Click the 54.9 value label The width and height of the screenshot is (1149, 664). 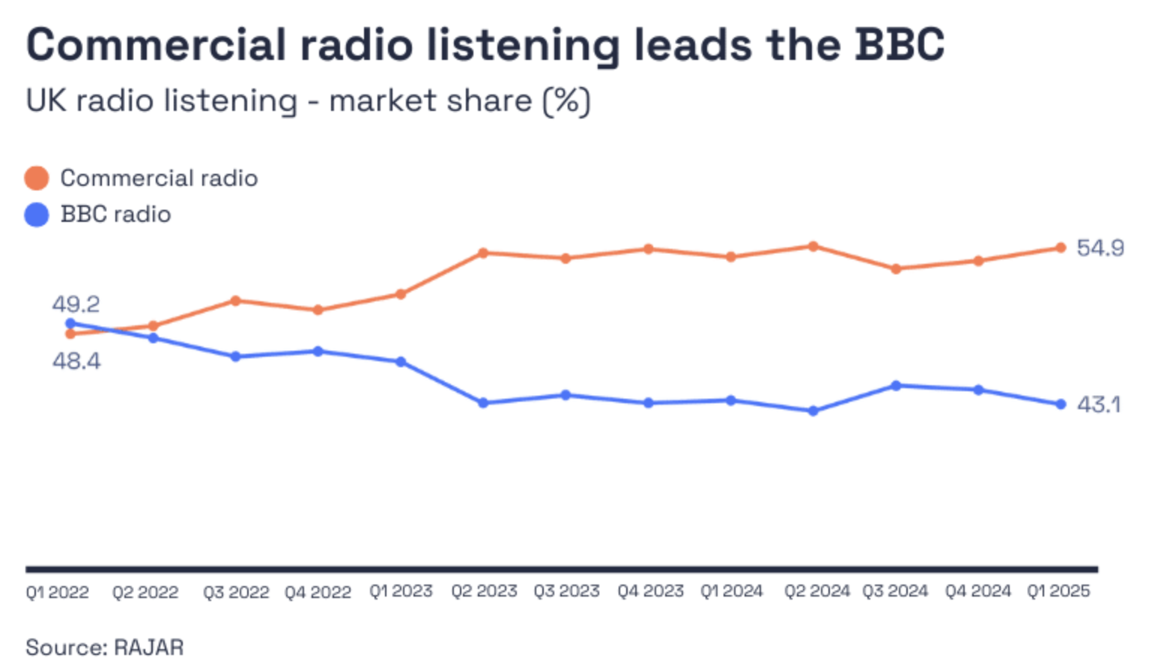(1100, 248)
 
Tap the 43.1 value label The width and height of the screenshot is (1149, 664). (1098, 405)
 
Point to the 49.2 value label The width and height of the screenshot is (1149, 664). (76, 304)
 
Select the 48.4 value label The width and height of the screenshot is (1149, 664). (76, 361)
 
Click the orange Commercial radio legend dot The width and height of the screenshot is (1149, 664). (37, 178)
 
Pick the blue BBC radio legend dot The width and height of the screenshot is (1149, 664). (37, 215)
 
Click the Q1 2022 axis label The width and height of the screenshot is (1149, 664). (57, 592)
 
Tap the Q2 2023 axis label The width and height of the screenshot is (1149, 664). (484, 591)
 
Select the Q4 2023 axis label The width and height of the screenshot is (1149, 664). (650, 591)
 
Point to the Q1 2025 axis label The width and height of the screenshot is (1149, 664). (1058, 591)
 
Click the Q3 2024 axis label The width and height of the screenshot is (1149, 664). (894, 591)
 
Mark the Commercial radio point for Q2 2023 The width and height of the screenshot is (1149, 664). (483, 253)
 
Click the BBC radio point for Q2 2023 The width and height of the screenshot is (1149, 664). (483, 403)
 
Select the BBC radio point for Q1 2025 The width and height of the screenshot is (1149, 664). (1061, 405)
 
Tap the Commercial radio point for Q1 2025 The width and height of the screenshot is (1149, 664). (1061, 248)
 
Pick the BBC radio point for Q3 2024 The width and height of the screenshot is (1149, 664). (896, 386)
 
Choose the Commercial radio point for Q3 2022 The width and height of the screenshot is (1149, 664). (235, 301)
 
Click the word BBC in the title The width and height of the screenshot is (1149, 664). (900, 45)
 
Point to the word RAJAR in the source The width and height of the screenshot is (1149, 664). (148, 647)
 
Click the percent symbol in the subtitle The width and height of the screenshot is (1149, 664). (566, 100)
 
